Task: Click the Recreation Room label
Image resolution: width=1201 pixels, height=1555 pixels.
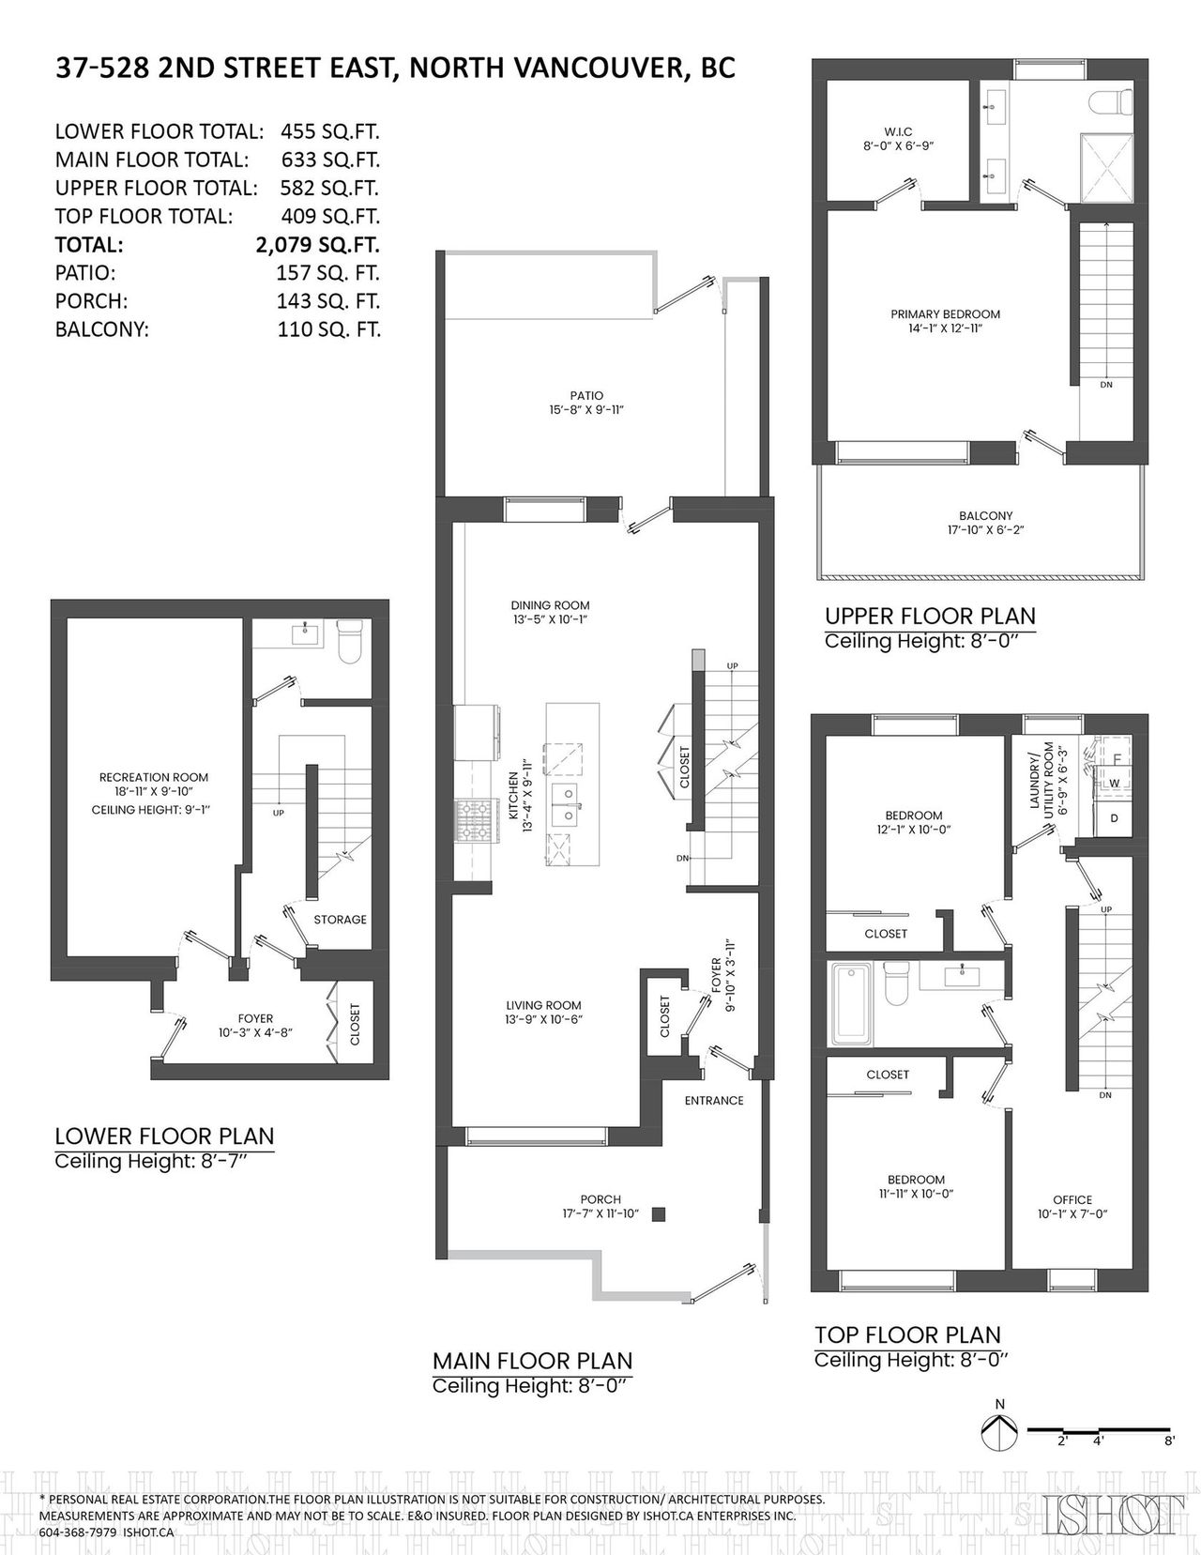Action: [154, 776]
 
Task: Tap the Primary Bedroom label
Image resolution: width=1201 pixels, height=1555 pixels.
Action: [945, 314]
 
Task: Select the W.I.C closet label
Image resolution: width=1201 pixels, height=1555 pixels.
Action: [899, 131]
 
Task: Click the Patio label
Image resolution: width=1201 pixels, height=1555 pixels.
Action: [586, 395]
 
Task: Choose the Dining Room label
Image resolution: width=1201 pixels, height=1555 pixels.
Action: [550, 604]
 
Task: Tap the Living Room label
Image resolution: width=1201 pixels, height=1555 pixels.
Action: [543, 1005]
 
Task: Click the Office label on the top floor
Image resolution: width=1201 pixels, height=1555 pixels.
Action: [1072, 1199]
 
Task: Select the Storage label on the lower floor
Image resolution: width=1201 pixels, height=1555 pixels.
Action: [340, 920]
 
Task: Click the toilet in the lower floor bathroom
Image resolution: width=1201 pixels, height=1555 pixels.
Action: [350, 641]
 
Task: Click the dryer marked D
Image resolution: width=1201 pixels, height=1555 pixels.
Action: [1114, 818]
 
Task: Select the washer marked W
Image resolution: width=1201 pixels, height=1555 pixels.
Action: [1114, 783]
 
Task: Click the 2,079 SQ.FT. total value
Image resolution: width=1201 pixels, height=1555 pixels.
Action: [317, 245]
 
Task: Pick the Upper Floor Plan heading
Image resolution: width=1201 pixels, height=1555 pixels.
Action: [930, 617]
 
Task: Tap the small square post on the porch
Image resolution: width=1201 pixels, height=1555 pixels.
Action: [659, 1213]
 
